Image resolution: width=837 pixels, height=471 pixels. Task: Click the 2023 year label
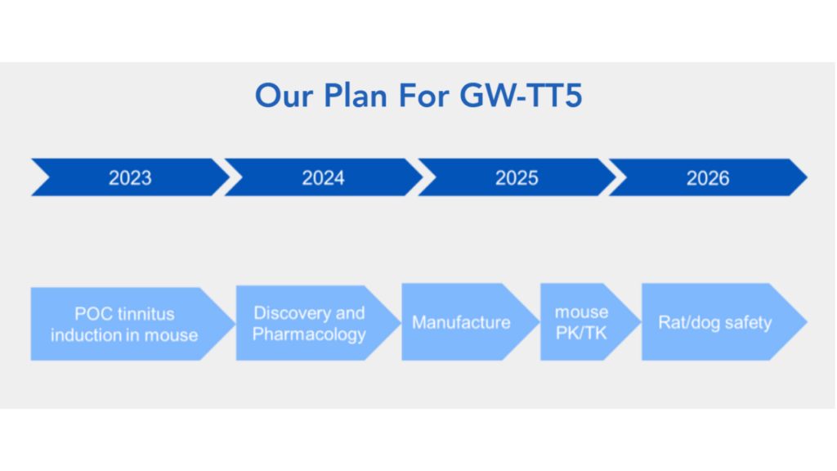click(130, 177)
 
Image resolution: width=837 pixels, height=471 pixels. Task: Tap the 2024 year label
click(324, 177)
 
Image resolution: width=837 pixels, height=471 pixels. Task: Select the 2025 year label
click(517, 177)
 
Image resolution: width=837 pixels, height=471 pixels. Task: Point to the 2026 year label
click(708, 177)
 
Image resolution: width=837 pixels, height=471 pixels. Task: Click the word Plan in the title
click(356, 96)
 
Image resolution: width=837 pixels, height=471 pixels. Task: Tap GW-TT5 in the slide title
click(521, 96)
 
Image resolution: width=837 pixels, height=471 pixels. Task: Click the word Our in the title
click(284, 96)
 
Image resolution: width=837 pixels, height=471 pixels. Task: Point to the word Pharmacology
click(309, 334)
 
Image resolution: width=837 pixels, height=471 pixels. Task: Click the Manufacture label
click(461, 322)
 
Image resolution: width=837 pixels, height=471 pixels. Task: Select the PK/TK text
click(581, 334)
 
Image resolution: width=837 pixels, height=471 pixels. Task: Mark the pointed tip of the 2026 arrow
click(807, 177)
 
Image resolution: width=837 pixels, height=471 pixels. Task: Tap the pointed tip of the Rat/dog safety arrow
click(807, 322)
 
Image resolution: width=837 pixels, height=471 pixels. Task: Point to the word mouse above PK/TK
click(581, 312)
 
